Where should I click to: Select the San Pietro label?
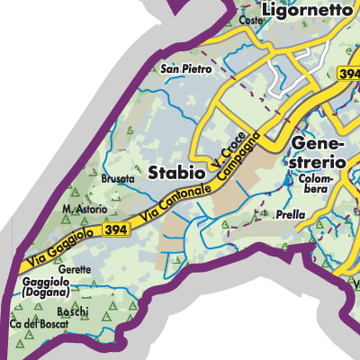pyautogui.click(x=185, y=68)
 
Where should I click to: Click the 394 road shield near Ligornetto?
pyautogui.click(x=348, y=72)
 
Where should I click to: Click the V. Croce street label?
pyautogui.click(x=220, y=150)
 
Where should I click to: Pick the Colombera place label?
pyautogui.click(x=314, y=184)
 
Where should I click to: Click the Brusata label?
pyautogui.click(x=118, y=179)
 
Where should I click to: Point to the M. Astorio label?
pyautogui.click(x=85, y=210)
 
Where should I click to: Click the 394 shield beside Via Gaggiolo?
pyautogui.click(x=114, y=231)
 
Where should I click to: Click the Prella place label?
pyautogui.click(x=292, y=215)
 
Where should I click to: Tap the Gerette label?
pyautogui.click(x=75, y=269)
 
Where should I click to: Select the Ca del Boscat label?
pyautogui.click(x=39, y=324)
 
